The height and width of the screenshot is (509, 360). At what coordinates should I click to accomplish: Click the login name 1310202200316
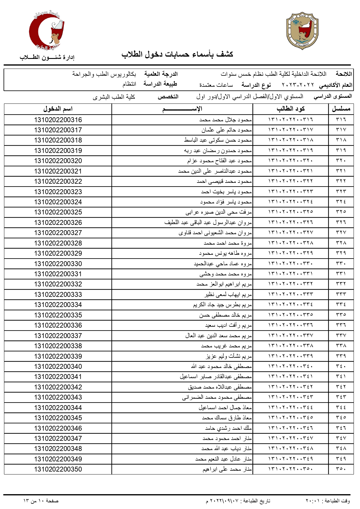[x=58, y=120]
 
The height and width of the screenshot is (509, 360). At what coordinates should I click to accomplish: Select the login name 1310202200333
[x=58, y=295]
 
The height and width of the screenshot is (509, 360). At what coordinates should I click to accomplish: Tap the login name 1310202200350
[x=58, y=469]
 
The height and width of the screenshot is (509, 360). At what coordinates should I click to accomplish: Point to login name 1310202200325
[x=58, y=212]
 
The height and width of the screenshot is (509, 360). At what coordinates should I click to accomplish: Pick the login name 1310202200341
[x=58, y=377]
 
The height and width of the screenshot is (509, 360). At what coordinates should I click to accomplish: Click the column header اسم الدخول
[x=58, y=109]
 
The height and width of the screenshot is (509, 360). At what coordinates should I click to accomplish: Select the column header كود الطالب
[x=290, y=109]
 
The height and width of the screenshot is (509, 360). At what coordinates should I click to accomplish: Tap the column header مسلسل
[x=341, y=109]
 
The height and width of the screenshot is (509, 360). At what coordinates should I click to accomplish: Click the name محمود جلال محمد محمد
[x=225, y=120]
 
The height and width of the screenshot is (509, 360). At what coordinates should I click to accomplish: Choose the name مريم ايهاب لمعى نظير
[x=228, y=295]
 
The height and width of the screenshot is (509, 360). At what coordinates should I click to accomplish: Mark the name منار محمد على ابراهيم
[x=227, y=469]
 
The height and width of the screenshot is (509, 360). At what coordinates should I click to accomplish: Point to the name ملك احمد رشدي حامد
[x=228, y=428]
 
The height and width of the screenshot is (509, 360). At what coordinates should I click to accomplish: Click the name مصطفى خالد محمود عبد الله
[x=221, y=367]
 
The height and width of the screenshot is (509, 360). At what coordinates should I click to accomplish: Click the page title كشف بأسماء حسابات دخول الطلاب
[x=177, y=54]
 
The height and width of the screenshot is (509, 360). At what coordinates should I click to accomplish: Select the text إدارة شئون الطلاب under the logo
[x=47, y=57]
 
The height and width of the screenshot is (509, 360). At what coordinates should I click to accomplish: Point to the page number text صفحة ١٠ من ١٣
[x=41, y=501]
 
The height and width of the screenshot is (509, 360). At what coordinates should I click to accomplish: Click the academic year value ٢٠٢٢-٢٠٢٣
[x=298, y=85]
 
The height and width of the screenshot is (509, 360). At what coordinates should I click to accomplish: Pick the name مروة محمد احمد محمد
[x=228, y=243]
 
